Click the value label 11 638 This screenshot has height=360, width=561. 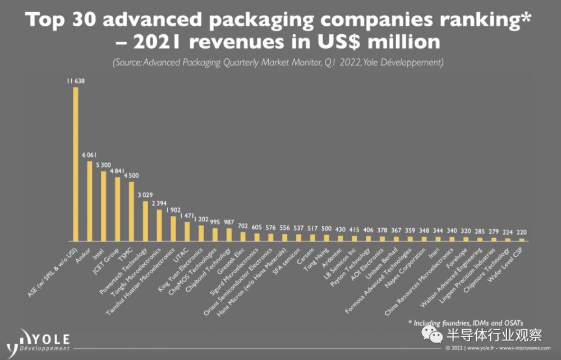tap(76, 81)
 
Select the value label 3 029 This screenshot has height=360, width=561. tap(145, 195)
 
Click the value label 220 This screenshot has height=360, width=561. tap(522, 232)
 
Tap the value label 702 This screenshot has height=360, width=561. tap(243, 226)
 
